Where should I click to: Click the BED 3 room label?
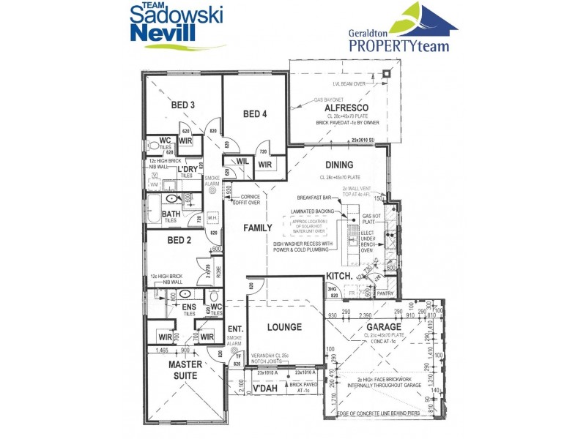(183, 105)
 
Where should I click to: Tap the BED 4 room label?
(255, 113)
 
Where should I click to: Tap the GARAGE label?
(383, 326)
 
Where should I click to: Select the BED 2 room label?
(179, 240)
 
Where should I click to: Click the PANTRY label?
(384, 293)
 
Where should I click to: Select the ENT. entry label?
(235, 329)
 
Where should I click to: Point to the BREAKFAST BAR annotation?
(315, 198)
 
